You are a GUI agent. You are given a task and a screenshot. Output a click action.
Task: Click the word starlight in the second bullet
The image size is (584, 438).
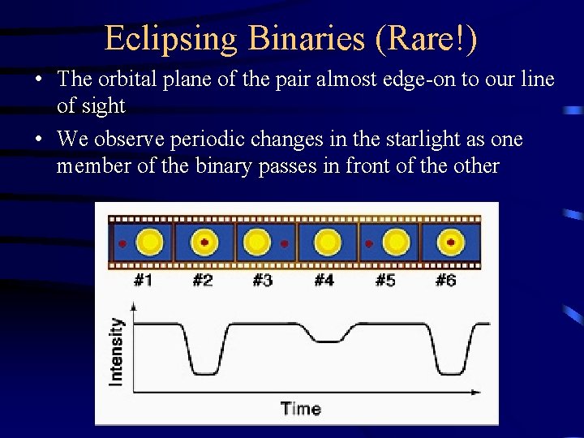[403, 140]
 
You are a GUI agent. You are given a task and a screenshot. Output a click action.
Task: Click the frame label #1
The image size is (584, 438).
[143, 281]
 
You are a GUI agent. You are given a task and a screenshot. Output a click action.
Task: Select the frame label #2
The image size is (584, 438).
[203, 281]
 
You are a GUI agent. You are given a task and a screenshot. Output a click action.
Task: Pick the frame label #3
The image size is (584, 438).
[262, 281]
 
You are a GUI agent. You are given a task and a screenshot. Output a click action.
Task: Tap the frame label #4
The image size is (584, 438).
[324, 281]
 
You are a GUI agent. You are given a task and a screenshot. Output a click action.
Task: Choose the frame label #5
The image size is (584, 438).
[385, 281]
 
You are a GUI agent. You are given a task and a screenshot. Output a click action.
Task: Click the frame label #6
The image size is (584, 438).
[445, 281]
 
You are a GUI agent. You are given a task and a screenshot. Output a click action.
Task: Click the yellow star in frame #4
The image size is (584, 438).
[327, 243]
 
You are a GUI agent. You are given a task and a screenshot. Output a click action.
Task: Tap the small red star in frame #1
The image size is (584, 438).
[122, 243]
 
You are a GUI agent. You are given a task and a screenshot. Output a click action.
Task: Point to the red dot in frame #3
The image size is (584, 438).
[284, 243]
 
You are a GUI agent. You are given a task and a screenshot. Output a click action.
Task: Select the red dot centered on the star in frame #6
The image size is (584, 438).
[450, 242]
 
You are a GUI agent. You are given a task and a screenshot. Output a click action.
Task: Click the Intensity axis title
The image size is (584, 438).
[117, 350]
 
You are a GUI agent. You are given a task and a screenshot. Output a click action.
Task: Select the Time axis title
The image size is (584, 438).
[300, 408]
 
